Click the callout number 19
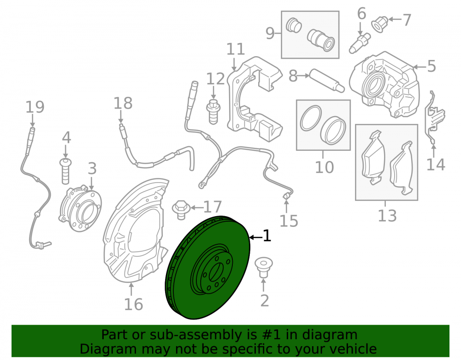coord(35,106)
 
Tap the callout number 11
coord(236,49)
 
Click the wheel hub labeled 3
coord(81,209)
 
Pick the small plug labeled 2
coord(263,267)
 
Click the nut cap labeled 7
coord(380,24)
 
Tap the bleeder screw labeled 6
coord(360,43)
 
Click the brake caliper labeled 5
coord(384,84)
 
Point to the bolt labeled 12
coord(213,112)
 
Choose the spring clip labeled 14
coord(435,118)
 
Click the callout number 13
coord(387,216)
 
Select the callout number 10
coord(324,167)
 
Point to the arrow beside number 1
coord(255,236)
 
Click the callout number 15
coord(289,221)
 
